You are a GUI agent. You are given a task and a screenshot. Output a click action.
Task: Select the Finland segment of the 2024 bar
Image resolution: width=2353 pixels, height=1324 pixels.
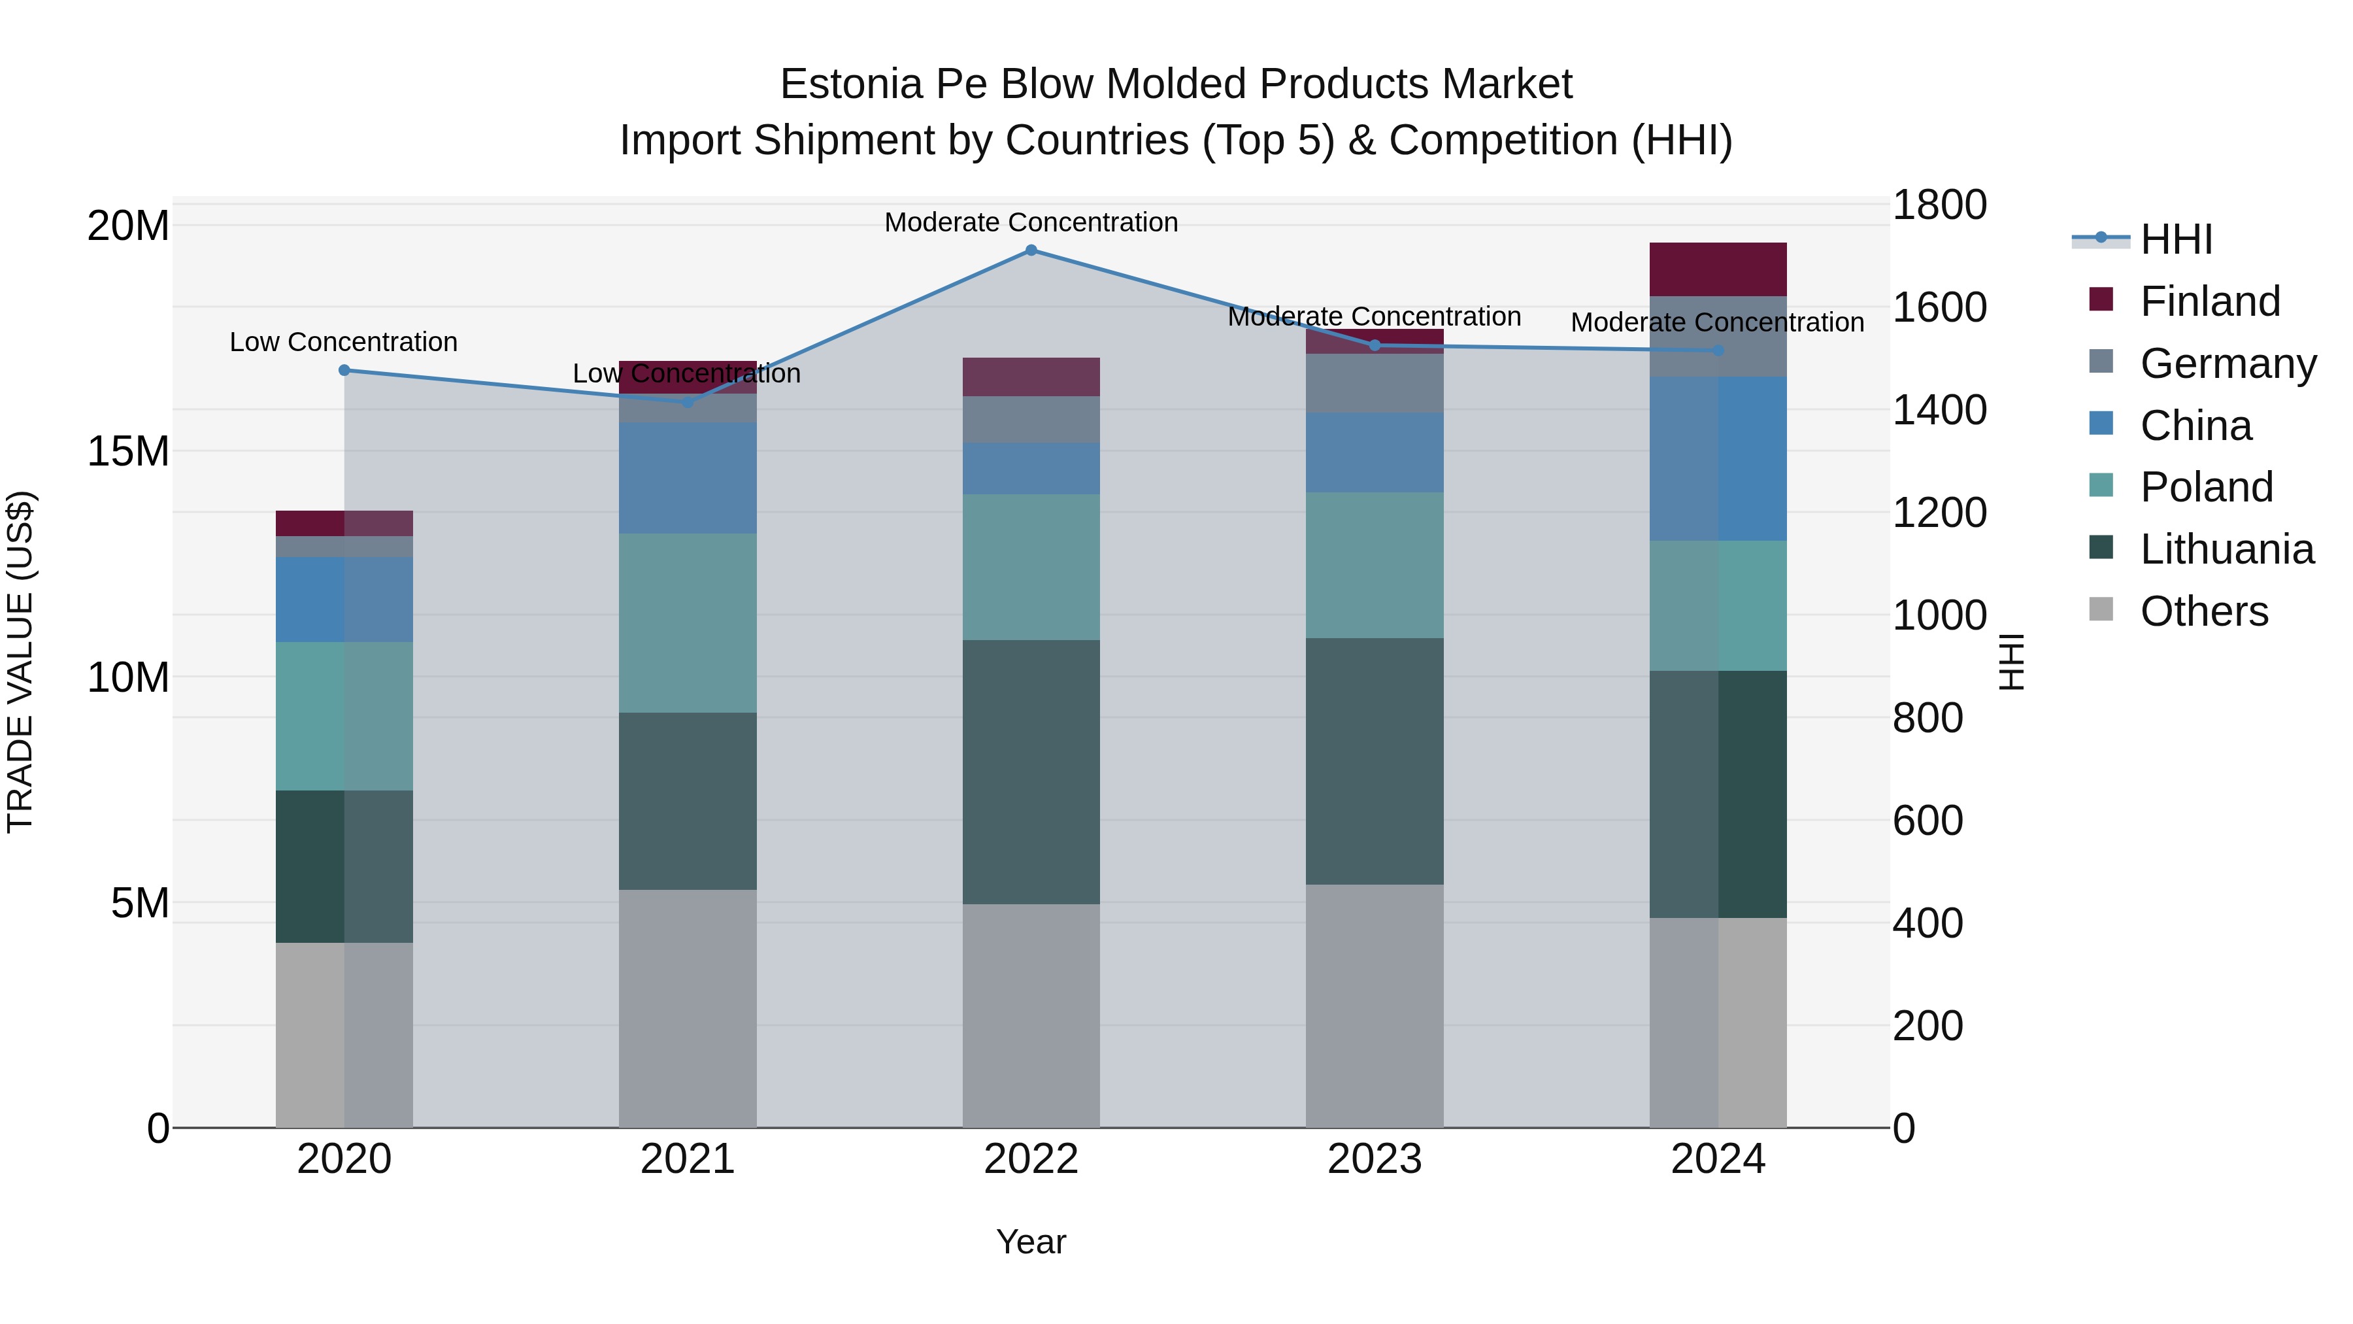[x=1717, y=269]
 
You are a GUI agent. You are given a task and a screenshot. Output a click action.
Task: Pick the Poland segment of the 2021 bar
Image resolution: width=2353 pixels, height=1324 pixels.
[x=687, y=622]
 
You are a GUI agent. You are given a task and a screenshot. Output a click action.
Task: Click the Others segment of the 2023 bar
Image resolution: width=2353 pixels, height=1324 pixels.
[x=1374, y=1005]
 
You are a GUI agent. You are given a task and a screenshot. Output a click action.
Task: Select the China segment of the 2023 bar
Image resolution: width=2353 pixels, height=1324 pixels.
[x=1374, y=452]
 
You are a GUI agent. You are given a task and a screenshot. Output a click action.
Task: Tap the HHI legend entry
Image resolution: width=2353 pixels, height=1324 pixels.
[x=2176, y=239]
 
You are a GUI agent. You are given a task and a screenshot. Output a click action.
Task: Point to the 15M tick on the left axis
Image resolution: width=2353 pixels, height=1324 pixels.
[x=128, y=450]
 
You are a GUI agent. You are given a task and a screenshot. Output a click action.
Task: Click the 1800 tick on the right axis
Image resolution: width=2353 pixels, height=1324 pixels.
[x=1939, y=205]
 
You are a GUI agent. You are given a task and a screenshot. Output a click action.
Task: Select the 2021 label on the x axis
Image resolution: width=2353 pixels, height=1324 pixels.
[x=687, y=1159]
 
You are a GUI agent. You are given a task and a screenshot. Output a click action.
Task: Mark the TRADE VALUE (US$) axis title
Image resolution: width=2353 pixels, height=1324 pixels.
[x=20, y=662]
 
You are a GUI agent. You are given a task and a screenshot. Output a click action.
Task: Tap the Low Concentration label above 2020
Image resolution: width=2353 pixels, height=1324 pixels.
[x=343, y=342]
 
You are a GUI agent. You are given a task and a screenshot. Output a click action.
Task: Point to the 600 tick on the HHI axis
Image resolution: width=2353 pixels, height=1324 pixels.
[x=1927, y=821]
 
